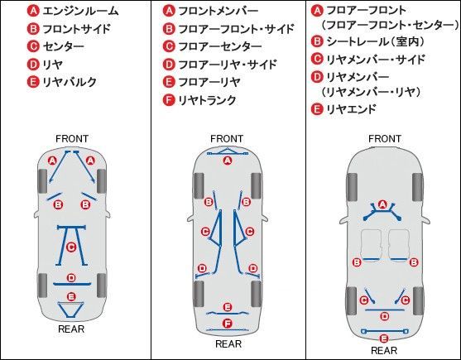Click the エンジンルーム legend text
coord(80,11)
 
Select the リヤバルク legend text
coord(70,82)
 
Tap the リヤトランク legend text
coord(207,100)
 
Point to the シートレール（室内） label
coord(376,41)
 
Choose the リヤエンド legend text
coord(351,109)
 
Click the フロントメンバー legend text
coord(218,11)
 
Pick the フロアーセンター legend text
coord(220,46)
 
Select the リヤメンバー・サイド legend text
coord(376,59)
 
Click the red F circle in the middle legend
coord(169,100)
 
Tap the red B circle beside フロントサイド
coord(33,29)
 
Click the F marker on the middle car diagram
coord(228,324)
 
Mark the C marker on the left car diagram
coord(71,247)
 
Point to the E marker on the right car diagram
coord(384,338)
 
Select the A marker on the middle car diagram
coord(228,161)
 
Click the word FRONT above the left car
coord(72,139)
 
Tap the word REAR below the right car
coord(384,350)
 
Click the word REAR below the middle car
coord(228,343)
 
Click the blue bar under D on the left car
coord(72,284)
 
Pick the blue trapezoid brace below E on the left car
coord(71,310)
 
